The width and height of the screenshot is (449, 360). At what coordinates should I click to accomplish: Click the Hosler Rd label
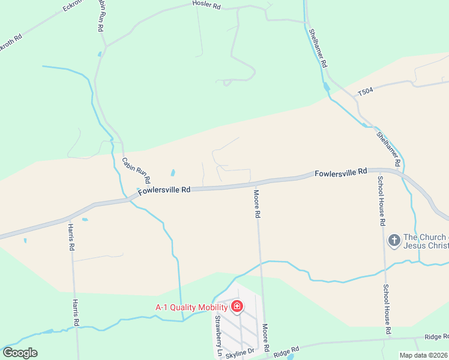point(206,5)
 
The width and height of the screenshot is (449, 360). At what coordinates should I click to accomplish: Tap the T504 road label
point(366,92)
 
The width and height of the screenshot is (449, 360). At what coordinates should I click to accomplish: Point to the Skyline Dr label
point(240,353)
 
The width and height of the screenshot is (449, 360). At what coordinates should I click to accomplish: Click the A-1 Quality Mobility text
point(192,307)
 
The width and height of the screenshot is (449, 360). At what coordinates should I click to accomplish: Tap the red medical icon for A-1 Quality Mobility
point(237,307)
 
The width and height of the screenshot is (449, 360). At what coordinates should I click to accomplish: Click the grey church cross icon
point(394,241)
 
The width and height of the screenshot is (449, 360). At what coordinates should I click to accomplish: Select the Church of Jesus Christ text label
point(425,241)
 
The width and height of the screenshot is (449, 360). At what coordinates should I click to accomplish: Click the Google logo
point(20,352)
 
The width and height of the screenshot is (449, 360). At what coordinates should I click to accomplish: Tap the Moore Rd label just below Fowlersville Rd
point(257,204)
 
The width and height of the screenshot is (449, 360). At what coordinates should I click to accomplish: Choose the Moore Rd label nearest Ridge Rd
point(265,339)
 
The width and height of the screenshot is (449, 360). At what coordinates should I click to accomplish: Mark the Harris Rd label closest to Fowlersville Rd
point(71,238)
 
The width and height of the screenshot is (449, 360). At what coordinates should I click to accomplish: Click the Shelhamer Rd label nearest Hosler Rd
point(318,48)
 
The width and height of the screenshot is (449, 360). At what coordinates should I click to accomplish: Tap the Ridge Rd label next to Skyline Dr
point(286,351)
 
